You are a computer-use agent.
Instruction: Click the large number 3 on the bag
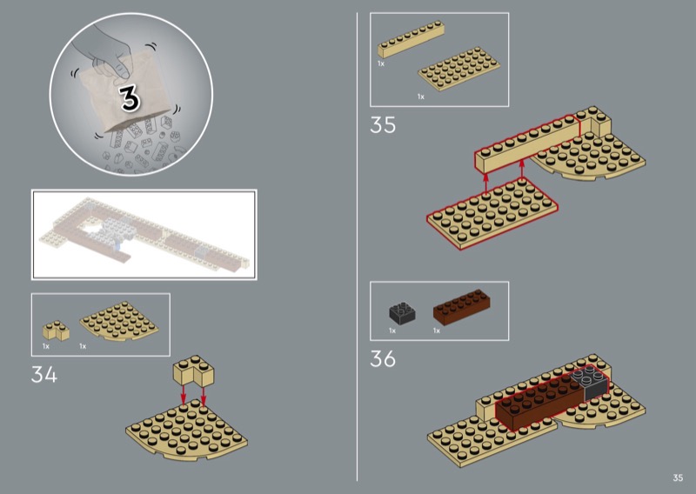tap(130, 97)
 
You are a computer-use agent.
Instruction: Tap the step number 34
tap(44, 375)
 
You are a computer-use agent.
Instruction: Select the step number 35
tap(383, 125)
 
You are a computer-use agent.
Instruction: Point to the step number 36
tap(383, 358)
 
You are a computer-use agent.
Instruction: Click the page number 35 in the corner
tap(678, 477)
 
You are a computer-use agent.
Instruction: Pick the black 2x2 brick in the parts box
tap(402, 312)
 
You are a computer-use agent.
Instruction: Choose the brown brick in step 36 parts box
tap(462, 306)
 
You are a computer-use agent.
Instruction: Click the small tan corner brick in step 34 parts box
tap(56, 330)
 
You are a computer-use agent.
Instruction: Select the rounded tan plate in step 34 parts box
tap(119, 321)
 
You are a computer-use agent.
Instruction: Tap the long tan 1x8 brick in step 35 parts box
tap(411, 39)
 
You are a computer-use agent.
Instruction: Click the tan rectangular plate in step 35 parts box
tap(459, 69)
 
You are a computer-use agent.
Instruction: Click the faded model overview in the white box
tap(144, 235)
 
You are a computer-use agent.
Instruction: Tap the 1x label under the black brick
tap(392, 330)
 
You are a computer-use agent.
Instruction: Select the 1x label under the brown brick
tap(437, 330)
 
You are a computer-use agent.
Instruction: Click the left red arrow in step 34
tap(183, 395)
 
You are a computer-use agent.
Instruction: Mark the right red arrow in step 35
tap(522, 170)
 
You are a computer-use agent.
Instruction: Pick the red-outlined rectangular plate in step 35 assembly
tap(492, 213)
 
